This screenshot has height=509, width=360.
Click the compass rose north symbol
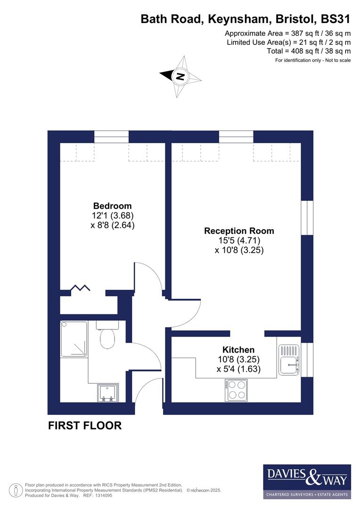point(180,76)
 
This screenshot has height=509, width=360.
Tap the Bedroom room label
point(112,206)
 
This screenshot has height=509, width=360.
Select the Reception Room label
point(239,231)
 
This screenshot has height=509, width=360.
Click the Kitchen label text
point(238,350)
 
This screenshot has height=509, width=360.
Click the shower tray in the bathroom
point(74,338)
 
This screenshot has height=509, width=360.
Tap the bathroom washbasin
point(108,393)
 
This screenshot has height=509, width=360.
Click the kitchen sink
point(289,360)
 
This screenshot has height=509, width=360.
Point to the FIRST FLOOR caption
point(85,426)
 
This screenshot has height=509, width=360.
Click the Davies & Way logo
point(307,481)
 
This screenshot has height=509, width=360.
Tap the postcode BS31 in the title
point(335,19)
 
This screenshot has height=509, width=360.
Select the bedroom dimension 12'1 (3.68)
point(113,215)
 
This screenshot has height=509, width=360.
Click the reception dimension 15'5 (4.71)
point(239,241)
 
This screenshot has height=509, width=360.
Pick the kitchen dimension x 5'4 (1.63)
point(238,369)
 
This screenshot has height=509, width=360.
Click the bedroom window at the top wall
point(111,137)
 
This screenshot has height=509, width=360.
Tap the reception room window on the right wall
point(307,217)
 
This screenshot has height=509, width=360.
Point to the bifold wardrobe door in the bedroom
point(81,288)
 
